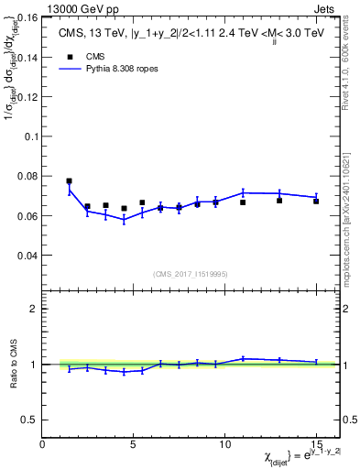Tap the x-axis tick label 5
coord(134,444)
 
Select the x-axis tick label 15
coord(316,444)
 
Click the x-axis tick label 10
coord(224,444)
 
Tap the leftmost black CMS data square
coord(69,181)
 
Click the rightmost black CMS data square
coord(316,201)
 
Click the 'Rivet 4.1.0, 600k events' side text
coord(353,73)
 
